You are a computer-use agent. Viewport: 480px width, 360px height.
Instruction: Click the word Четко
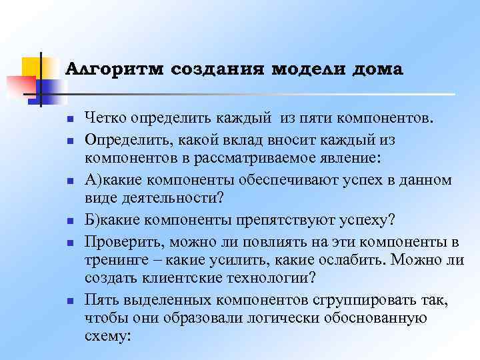point(106,119)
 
